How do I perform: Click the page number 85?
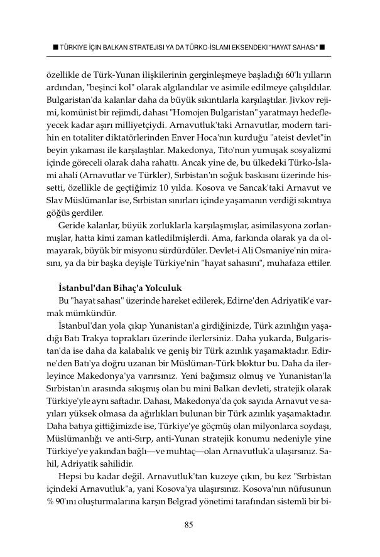pyautogui.click(x=188, y=525)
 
